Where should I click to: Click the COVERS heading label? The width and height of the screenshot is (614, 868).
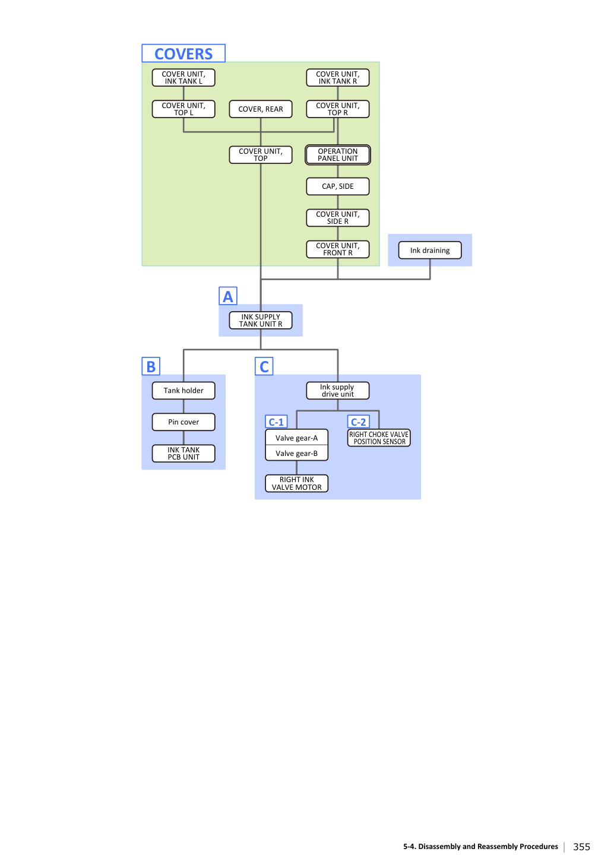pos(183,53)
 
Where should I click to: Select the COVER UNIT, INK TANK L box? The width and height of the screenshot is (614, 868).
pos(183,78)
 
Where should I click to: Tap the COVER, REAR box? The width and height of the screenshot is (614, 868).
pos(261,109)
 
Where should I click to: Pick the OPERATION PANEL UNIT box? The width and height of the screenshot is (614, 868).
pos(338,155)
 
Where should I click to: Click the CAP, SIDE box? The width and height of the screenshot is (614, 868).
pos(338,186)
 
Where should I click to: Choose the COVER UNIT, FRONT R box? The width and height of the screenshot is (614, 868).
pos(338,249)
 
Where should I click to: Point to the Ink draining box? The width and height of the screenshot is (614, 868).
pos(430,251)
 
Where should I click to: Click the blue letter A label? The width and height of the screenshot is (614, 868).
pos(228,296)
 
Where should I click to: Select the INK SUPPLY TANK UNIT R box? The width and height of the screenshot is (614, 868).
pos(261,321)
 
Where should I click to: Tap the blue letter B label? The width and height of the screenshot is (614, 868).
pos(151,366)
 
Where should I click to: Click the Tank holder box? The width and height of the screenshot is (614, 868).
pos(183,391)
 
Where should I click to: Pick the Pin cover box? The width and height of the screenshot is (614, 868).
pos(183,422)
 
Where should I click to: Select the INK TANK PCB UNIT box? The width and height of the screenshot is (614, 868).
pos(183,454)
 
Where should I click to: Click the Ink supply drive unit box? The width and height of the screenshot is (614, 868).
pos(338,391)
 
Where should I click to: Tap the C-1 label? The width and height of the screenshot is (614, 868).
pos(276,422)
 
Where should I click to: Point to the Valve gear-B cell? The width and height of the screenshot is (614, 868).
pos(296,454)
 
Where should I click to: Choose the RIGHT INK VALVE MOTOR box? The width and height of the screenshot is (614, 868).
pos(296,484)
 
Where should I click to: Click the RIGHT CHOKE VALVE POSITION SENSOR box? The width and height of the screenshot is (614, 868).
pos(379,438)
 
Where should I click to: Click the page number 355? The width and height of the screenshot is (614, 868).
pos(581,847)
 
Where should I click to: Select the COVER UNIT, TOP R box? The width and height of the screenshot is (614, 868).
pos(338,109)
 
